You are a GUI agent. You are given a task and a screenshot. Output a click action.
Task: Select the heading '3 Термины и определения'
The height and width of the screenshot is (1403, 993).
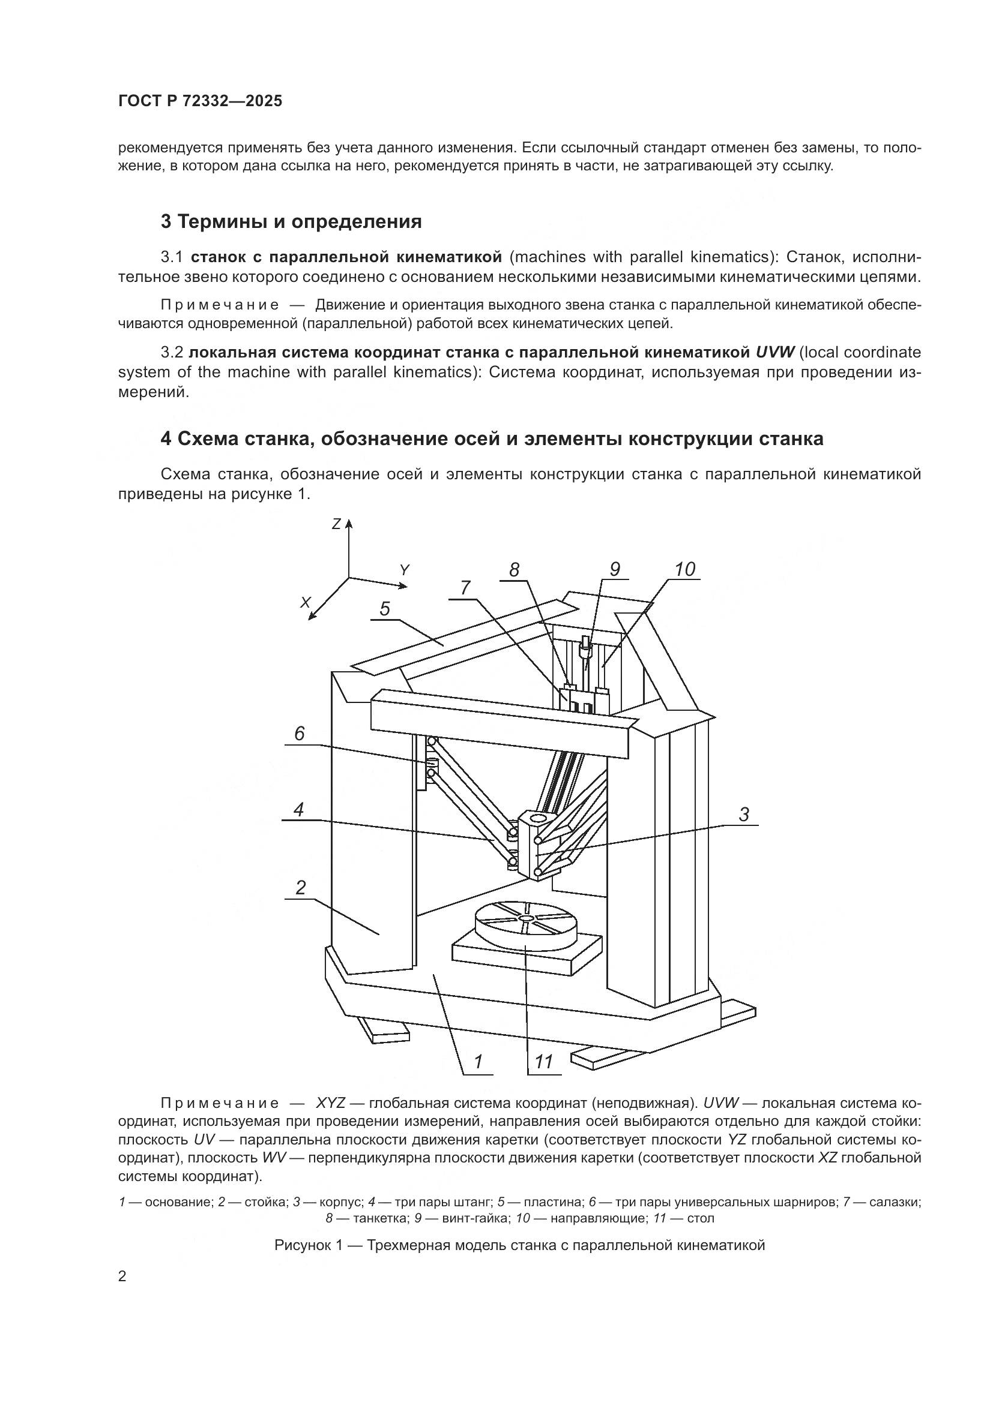click(291, 222)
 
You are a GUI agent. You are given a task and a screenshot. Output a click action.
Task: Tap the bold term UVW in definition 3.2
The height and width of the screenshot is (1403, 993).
click(774, 353)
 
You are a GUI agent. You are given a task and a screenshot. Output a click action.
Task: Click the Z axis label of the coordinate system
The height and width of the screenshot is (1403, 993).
click(336, 524)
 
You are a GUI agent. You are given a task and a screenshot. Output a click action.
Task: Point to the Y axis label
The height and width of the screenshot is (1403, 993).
click(404, 570)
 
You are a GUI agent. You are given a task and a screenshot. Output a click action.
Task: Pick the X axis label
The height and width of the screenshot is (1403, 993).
click(306, 602)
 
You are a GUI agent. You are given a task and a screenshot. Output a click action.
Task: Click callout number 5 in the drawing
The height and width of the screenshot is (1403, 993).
click(385, 609)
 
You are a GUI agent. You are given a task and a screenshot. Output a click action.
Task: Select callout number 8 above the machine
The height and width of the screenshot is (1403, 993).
click(515, 570)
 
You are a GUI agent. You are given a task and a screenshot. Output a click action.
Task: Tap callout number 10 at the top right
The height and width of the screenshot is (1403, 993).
click(685, 569)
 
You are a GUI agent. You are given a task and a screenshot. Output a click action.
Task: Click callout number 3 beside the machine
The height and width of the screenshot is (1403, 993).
click(743, 815)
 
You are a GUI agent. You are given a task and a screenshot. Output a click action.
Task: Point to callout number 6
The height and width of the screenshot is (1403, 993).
click(300, 733)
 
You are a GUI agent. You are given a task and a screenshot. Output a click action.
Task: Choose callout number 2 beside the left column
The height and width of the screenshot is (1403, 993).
click(300, 887)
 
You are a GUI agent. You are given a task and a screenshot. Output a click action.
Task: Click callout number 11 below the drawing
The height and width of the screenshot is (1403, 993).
click(543, 1062)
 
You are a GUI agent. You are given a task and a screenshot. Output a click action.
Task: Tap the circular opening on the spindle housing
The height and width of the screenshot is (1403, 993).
click(539, 818)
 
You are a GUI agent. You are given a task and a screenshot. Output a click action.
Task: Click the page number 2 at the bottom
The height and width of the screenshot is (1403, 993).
click(122, 1276)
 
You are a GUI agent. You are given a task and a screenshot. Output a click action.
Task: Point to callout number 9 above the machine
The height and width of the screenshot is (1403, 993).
click(615, 569)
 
